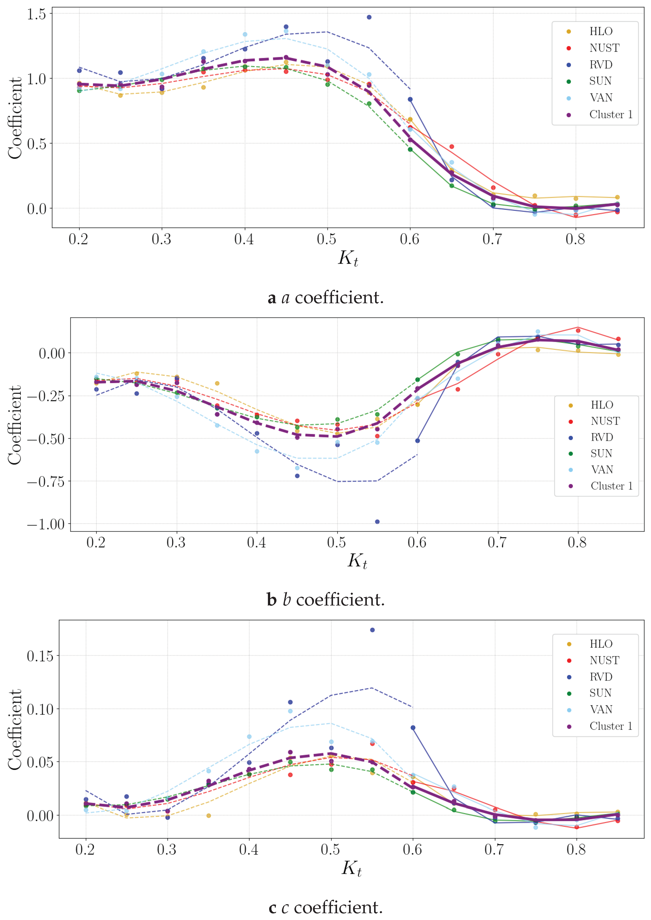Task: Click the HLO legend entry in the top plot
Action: coord(600,31)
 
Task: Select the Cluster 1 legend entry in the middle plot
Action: coord(611,486)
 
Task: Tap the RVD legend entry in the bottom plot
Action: coord(600,677)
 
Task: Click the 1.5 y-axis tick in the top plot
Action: coord(37,15)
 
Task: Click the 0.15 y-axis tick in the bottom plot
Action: coord(40,656)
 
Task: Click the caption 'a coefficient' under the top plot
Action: coord(325,298)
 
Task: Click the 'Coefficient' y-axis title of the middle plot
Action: coord(15,425)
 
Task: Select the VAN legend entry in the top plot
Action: coord(600,98)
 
